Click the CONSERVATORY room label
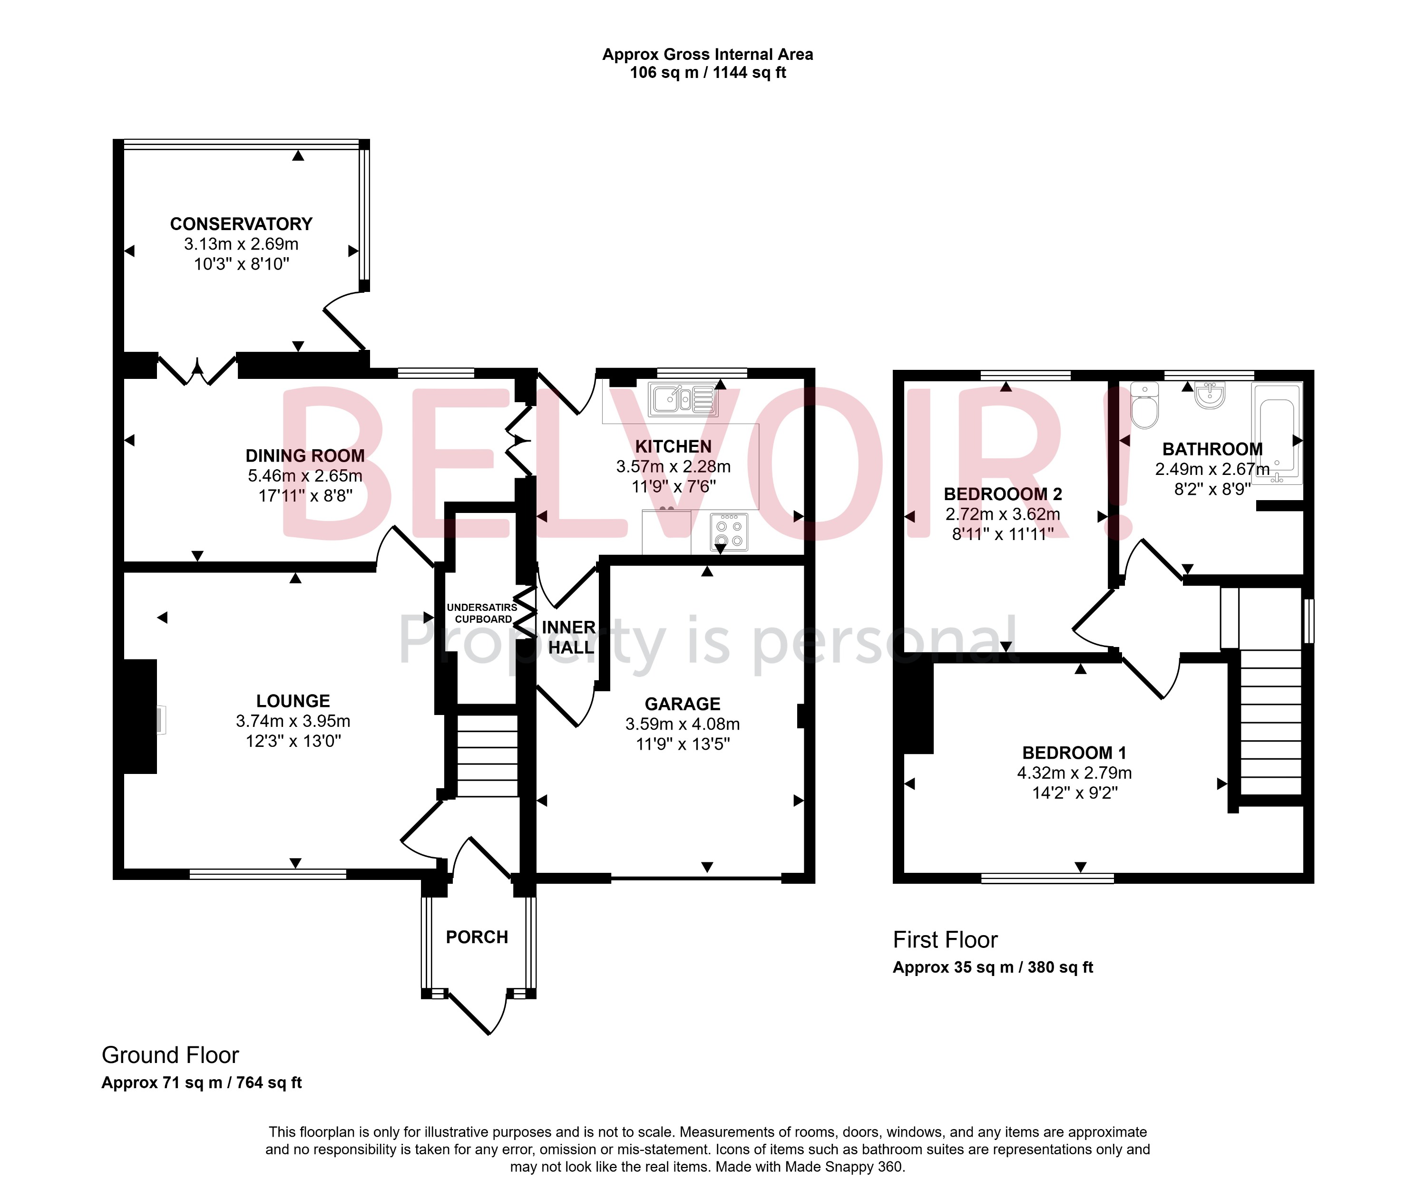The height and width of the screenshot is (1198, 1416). pos(241,224)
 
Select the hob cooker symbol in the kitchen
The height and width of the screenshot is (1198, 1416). pos(729,533)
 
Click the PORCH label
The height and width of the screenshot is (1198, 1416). pos(477,937)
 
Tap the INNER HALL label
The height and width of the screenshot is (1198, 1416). pos(569,637)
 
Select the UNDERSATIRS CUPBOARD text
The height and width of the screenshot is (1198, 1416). pos(482,613)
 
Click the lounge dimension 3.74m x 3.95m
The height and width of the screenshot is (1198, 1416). pos(293,721)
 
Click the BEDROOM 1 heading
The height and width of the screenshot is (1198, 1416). pos(1074,753)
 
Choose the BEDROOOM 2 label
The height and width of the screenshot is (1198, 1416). pos(1003,494)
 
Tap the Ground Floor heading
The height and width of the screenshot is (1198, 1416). pos(170,1055)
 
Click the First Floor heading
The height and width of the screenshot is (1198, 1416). pos(945,940)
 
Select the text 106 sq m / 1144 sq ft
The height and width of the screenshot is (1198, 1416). pos(707,73)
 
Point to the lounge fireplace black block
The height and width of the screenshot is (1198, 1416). pos(139,716)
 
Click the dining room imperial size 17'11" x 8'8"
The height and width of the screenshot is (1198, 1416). pos(305,496)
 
